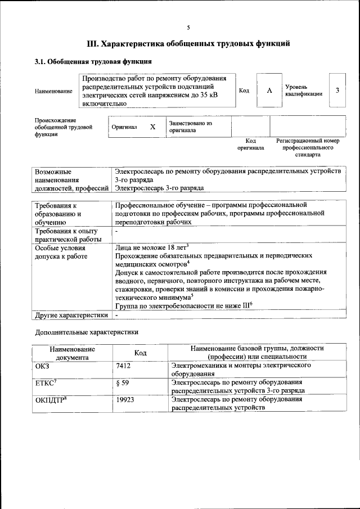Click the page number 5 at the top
point(188,28)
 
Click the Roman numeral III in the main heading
point(93,43)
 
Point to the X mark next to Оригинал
point(152,127)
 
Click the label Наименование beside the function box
point(53,91)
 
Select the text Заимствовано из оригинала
point(191,127)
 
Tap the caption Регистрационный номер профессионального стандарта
point(308,147)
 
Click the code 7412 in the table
point(123,365)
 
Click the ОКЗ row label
point(43,365)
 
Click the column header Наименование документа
point(72,353)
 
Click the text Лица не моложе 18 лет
point(150,247)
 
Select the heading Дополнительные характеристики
point(87,332)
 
